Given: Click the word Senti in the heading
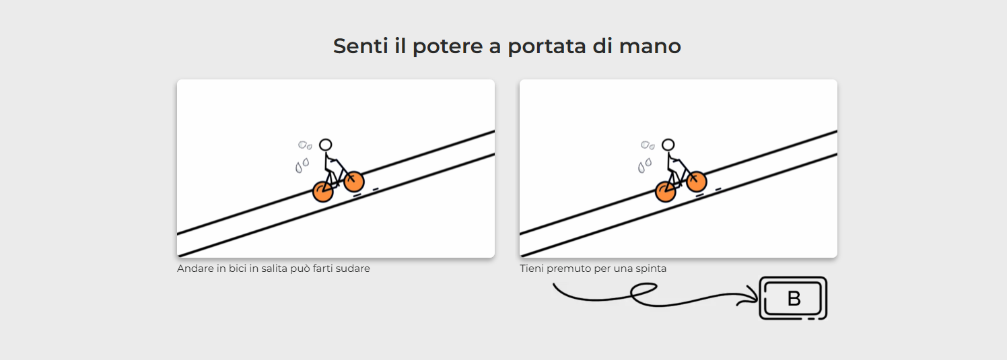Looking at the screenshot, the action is [x=360, y=46].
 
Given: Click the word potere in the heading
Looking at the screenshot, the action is [x=448, y=46].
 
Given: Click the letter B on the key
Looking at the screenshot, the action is [x=794, y=298].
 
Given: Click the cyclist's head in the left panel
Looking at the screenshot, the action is [x=326, y=145].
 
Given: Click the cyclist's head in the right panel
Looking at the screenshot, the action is [x=668, y=145].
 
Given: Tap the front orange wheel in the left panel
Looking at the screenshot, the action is [x=354, y=182].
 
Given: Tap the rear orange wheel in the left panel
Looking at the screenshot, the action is [x=323, y=192].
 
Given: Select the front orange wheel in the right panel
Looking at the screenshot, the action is [x=697, y=182].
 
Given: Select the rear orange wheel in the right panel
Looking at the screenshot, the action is [x=665, y=192].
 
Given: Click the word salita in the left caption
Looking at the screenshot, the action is [x=274, y=268].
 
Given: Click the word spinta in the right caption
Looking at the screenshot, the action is [x=651, y=268].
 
